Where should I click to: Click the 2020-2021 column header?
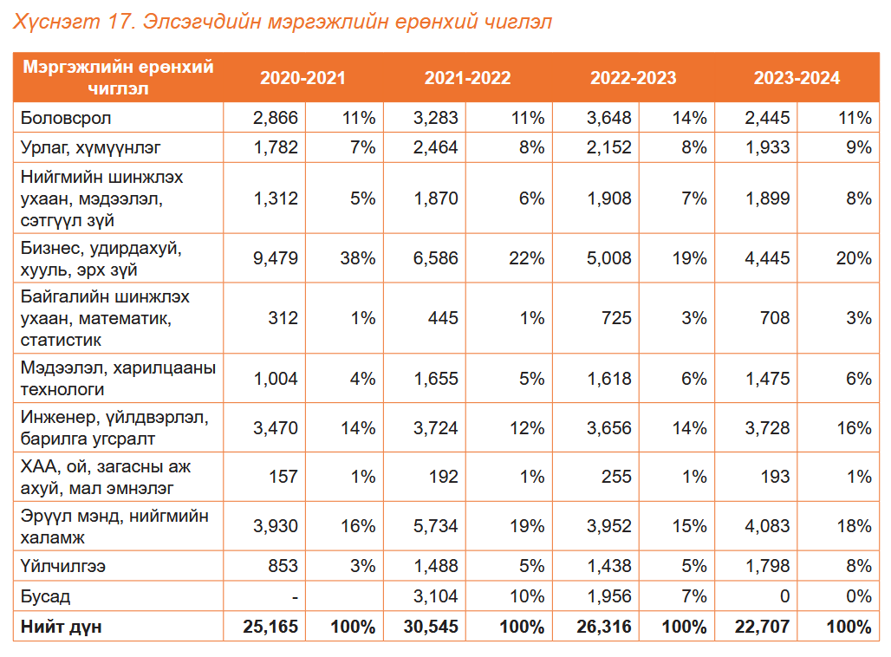click(x=302, y=78)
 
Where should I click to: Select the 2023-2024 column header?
click(x=797, y=78)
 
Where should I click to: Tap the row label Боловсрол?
click(x=66, y=118)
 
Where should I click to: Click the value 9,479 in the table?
click(x=276, y=258)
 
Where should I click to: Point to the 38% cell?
click(x=356, y=258)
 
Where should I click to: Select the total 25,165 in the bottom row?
click(x=271, y=627)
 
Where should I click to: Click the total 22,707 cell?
click(x=764, y=627)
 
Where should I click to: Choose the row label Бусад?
click(x=46, y=597)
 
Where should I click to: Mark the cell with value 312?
click(x=283, y=318)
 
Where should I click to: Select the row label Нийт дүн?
click(x=61, y=627)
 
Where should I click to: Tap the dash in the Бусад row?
click(x=295, y=597)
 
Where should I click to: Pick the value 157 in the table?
click(x=283, y=477)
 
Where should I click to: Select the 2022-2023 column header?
click(x=633, y=78)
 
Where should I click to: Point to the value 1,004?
click(x=276, y=379)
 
